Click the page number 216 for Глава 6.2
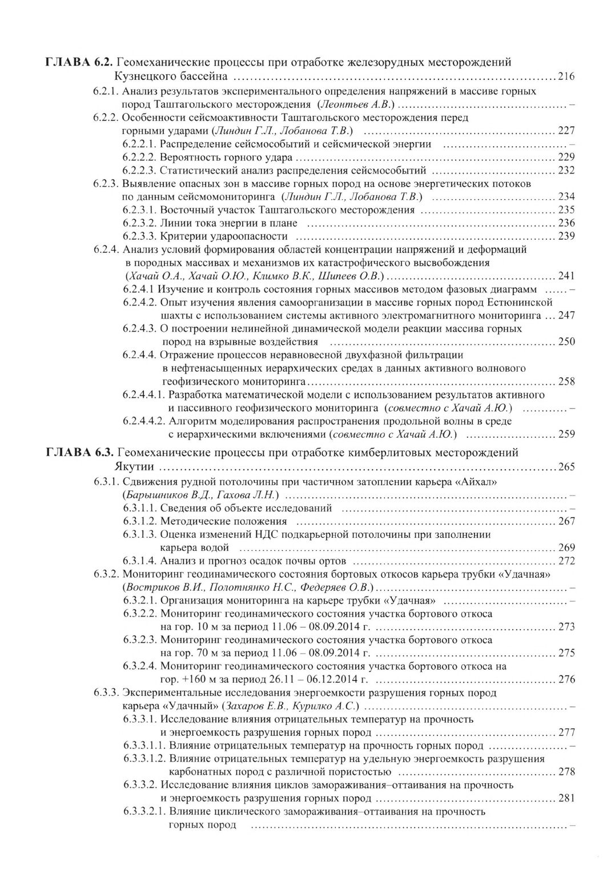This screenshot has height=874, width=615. click(x=566, y=76)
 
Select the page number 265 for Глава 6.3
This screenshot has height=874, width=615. click(x=566, y=467)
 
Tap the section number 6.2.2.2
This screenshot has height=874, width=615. click(x=139, y=157)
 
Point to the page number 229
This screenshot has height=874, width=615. click(x=566, y=157)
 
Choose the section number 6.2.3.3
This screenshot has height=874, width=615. click(x=139, y=236)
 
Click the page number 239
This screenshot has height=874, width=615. click(x=566, y=236)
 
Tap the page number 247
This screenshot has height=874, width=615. click(x=566, y=315)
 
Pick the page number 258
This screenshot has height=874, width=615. click(x=566, y=381)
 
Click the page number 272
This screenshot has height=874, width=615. click(x=566, y=561)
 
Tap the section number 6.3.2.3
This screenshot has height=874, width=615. click(x=139, y=640)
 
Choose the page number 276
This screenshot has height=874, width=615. click(x=566, y=679)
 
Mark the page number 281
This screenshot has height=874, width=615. click(x=566, y=798)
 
